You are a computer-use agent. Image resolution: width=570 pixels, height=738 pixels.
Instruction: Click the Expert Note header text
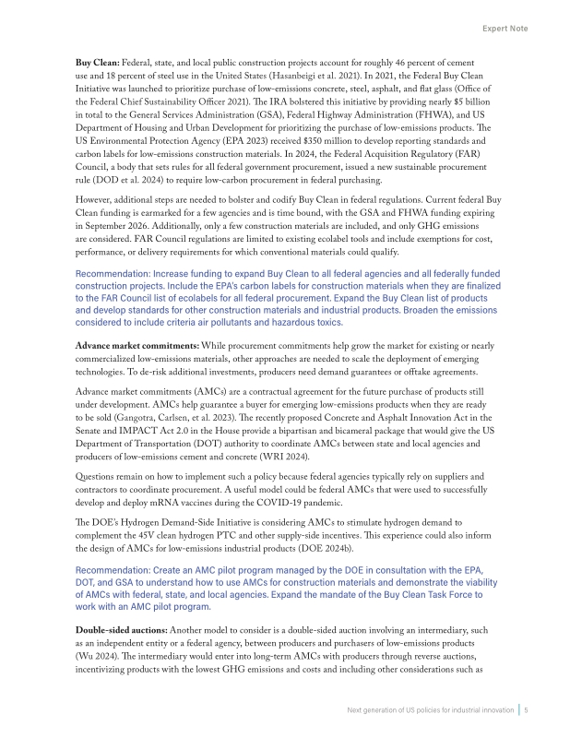505,30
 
